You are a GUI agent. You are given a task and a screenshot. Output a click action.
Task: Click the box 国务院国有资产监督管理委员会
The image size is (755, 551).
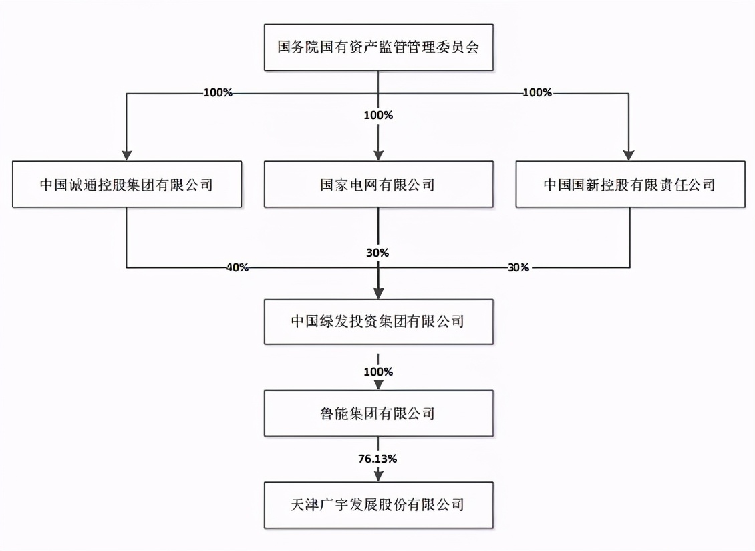click(378, 47)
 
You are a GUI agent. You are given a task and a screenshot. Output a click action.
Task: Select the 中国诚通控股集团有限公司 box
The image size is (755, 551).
click(126, 184)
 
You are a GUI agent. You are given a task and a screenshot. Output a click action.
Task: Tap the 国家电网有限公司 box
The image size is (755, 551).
click(378, 184)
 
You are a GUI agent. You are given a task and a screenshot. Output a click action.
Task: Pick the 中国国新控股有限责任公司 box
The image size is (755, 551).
click(630, 184)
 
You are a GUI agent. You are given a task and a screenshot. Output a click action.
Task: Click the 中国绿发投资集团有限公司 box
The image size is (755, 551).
click(378, 322)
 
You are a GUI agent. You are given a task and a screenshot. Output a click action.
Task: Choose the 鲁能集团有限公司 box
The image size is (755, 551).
click(378, 413)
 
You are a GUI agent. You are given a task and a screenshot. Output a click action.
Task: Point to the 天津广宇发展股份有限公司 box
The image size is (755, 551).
click(378, 504)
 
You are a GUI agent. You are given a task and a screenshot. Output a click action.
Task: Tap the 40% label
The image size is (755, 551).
click(237, 267)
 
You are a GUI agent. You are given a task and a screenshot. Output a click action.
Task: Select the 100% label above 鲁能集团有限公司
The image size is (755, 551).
click(378, 370)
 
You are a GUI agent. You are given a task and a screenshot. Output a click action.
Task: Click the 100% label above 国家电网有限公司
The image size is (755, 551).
click(378, 115)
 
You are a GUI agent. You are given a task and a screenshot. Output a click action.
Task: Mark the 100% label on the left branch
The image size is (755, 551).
click(218, 93)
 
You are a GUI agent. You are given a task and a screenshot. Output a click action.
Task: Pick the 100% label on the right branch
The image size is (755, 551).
click(537, 93)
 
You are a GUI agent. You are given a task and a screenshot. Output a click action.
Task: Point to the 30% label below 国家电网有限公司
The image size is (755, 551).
click(378, 253)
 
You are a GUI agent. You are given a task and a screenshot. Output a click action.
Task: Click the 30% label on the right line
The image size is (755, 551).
click(518, 267)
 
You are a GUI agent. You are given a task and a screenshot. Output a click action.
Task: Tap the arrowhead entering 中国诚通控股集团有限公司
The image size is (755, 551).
click(126, 154)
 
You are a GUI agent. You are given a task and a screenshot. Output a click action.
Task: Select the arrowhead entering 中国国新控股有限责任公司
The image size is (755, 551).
click(630, 154)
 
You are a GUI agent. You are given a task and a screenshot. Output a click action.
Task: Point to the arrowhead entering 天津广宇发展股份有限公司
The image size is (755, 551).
click(378, 475)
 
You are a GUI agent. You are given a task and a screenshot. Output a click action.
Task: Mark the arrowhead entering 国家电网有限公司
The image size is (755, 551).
click(378, 154)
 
